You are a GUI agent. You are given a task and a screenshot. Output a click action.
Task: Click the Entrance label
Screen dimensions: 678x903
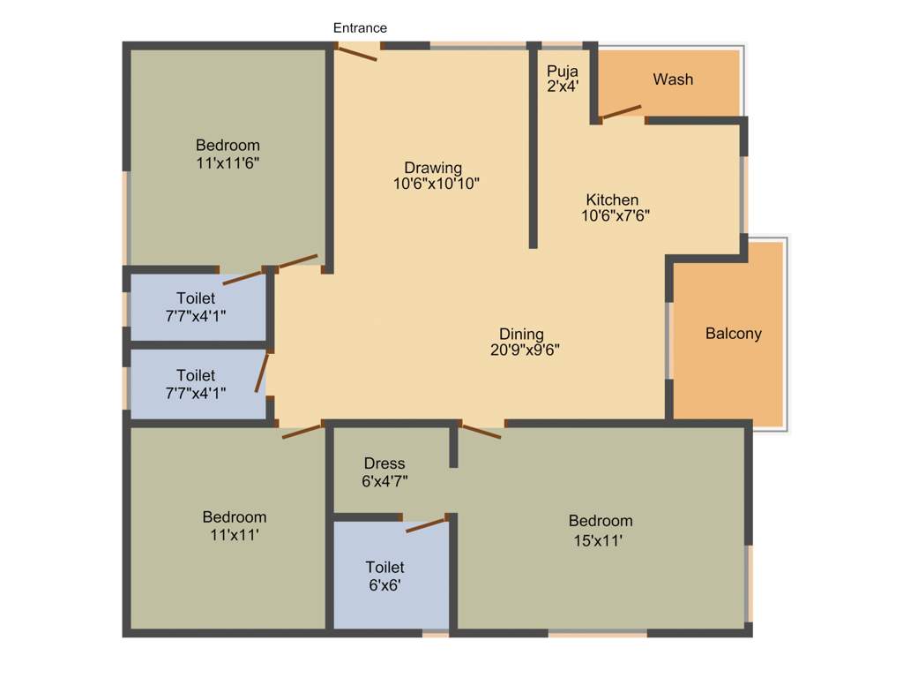pyautogui.click(x=360, y=28)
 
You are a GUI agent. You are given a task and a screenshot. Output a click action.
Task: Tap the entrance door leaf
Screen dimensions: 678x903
pyautogui.click(x=357, y=52)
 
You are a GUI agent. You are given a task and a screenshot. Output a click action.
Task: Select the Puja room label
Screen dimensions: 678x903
pyautogui.click(x=562, y=72)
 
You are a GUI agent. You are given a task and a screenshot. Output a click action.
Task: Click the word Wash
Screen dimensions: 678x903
pyautogui.click(x=673, y=79)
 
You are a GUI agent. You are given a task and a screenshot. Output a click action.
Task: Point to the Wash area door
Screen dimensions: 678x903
pyautogui.click(x=621, y=111)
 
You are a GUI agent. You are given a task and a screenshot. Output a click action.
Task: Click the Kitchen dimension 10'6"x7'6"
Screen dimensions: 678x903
pyautogui.click(x=615, y=215)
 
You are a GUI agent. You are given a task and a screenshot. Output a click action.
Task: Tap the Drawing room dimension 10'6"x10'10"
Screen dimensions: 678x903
pyautogui.click(x=436, y=184)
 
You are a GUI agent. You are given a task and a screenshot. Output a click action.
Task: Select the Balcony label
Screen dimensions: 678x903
pyautogui.click(x=733, y=334)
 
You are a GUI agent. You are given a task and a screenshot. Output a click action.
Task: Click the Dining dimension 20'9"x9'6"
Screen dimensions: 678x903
pyautogui.click(x=524, y=349)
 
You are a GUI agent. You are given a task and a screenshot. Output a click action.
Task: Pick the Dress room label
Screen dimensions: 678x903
pyautogui.click(x=384, y=463)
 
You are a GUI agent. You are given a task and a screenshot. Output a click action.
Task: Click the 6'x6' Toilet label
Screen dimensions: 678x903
pyautogui.click(x=384, y=567)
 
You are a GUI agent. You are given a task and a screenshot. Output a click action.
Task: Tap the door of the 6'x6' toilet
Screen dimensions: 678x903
pyautogui.click(x=426, y=524)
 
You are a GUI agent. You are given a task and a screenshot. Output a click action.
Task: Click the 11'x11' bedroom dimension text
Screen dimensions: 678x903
pyautogui.click(x=234, y=534)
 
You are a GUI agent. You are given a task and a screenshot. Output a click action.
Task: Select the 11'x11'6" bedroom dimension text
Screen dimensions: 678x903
pyautogui.click(x=228, y=162)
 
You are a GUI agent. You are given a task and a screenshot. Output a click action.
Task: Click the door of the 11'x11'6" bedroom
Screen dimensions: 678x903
pyautogui.click(x=297, y=261)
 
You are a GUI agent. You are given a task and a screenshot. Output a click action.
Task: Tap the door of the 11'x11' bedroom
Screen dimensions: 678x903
pyautogui.click(x=302, y=431)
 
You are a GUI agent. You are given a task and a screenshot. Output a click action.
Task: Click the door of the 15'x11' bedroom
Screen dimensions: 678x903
pyautogui.click(x=481, y=432)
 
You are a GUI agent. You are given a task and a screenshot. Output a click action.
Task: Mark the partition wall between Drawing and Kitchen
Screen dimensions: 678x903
pyautogui.click(x=534, y=146)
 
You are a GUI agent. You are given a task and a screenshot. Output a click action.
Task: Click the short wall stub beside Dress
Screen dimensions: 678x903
pyautogui.click(x=453, y=447)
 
